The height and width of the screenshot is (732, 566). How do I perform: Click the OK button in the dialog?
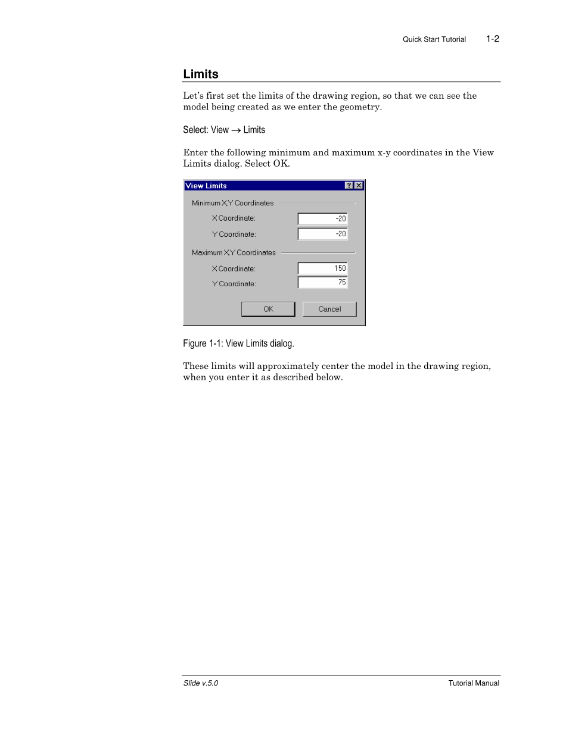(x=268, y=309)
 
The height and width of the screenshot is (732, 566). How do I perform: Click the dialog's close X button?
(x=359, y=186)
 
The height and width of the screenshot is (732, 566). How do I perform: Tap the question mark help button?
(x=349, y=186)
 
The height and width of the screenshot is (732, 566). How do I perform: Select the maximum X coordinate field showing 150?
(x=322, y=268)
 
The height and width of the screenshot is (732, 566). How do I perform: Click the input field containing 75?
(x=322, y=283)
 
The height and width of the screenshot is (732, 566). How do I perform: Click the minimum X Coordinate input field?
(x=322, y=219)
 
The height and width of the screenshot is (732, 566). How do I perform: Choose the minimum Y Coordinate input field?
(x=322, y=234)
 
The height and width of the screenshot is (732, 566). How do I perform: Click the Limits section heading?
(x=201, y=74)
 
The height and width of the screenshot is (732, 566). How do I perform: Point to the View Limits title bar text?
(x=206, y=186)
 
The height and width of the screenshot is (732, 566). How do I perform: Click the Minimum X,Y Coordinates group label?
(x=232, y=203)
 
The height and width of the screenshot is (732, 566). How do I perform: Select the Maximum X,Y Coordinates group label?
(x=234, y=253)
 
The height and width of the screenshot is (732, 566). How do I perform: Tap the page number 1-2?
(x=492, y=39)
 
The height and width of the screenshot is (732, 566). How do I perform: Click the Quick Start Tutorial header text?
(x=434, y=40)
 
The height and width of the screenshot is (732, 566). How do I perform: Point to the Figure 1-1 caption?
(x=238, y=344)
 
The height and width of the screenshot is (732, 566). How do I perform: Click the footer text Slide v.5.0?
(x=201, y=683)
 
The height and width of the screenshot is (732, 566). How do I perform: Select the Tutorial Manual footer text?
(x=474, y=683)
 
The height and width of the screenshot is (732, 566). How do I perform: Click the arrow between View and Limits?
(x=236, y=130)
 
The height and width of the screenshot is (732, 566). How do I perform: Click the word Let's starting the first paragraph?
(x=194, y=96)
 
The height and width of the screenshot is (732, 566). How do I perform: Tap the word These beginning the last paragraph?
(x=195, y=366)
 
